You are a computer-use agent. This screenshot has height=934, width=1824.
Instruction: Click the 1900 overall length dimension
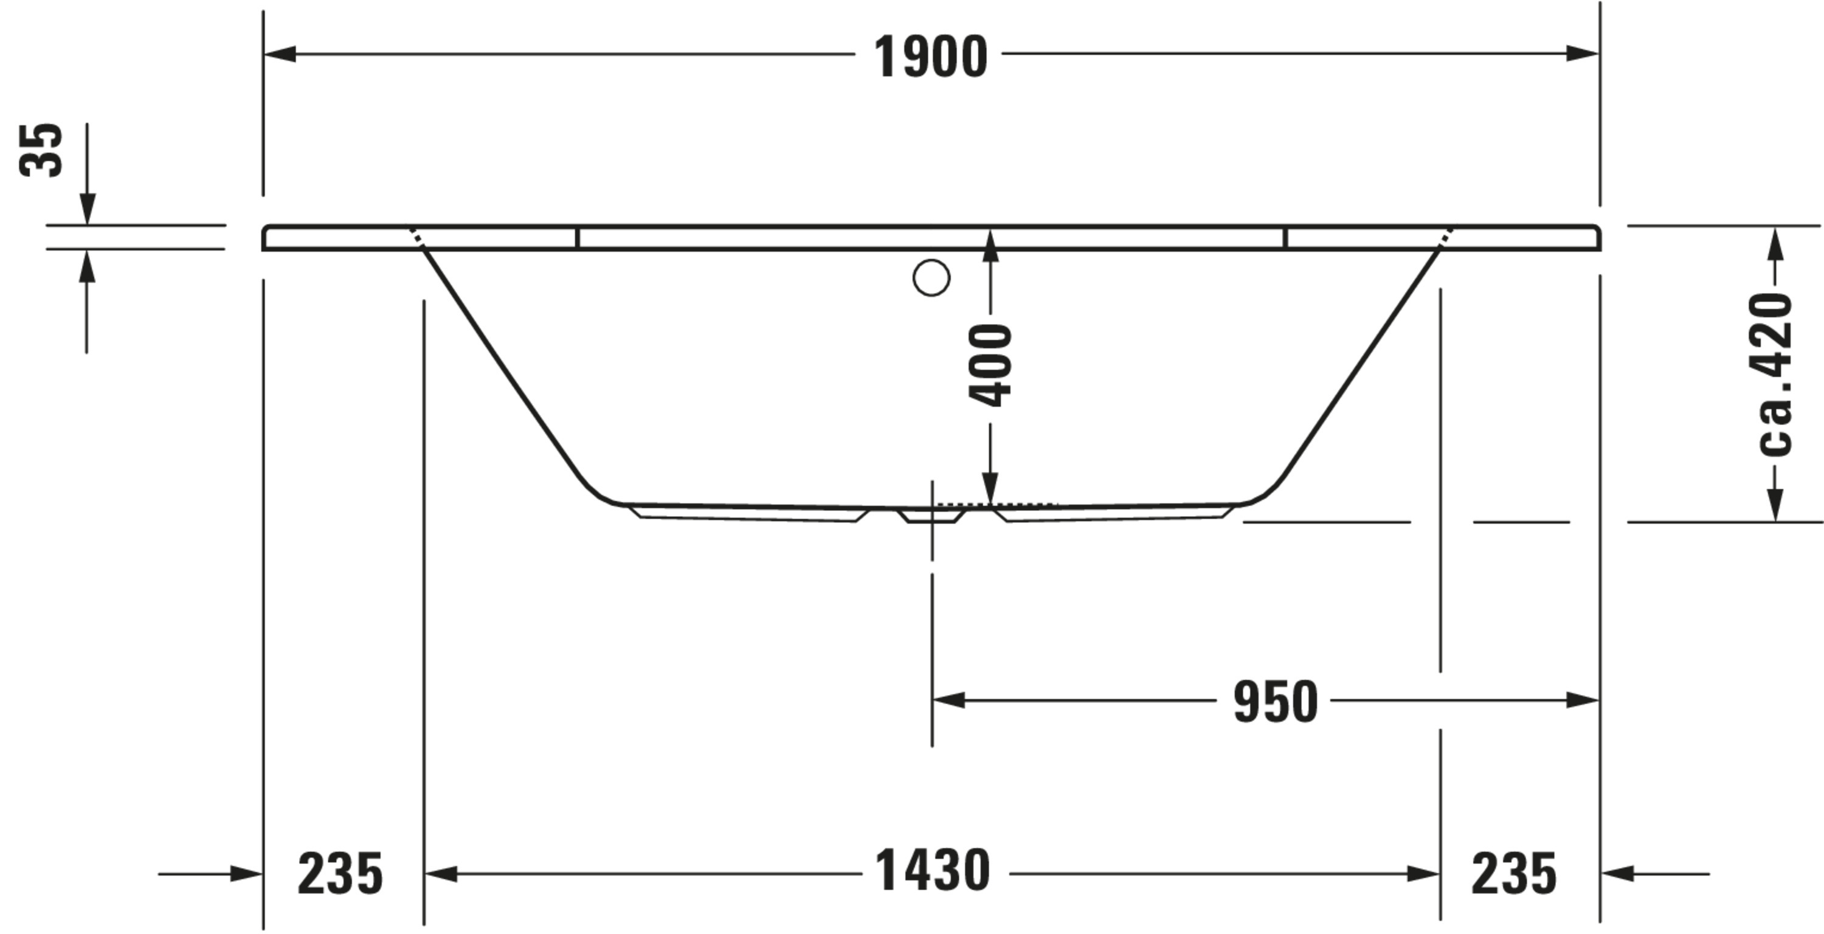[x=930, y=57]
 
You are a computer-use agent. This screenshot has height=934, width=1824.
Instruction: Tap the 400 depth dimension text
[x=990, y=365]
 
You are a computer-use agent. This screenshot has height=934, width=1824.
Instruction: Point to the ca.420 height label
[x=1774, y=375]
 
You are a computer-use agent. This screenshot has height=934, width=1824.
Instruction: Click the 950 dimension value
[x=1275, y=702]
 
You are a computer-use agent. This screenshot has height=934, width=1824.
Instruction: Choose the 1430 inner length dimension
[x=933, y=870]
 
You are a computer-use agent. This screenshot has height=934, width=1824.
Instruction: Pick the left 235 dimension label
[x=340, y=874]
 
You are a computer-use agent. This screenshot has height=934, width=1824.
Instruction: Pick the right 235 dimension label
[x=1514, y=874]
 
